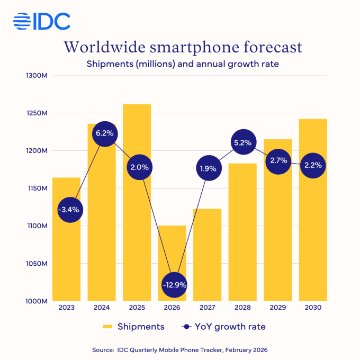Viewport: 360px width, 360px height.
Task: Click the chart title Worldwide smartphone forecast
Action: [183, 47]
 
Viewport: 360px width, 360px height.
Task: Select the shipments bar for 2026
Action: [172, 249]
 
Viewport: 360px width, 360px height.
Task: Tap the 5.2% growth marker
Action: [242, 142]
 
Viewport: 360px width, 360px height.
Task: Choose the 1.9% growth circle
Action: [207, 169]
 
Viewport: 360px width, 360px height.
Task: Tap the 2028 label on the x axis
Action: [242, 308]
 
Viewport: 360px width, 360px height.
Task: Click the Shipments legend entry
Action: [133, 327]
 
